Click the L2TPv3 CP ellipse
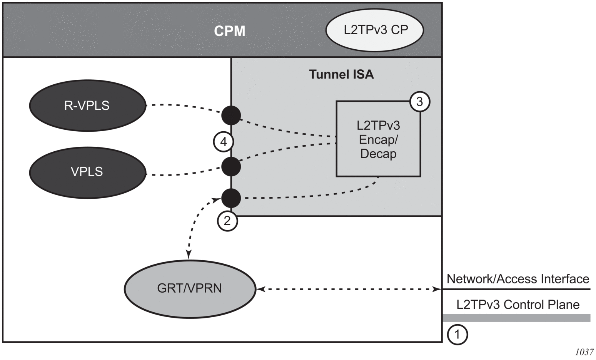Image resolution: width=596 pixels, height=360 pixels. pyautogui.click(x=375, y=30)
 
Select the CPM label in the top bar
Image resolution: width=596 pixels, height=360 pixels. pyautogui.click(x=229, y=31)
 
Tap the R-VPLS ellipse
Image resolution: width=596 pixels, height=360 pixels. pyautogui.click(x=87, y=105)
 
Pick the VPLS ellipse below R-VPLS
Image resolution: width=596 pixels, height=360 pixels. pyautogui.click(x=87, y=172)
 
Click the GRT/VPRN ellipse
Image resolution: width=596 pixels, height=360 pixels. pyautogui.click(x=190, y=288)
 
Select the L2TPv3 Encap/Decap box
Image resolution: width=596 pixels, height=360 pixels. pyautogui.click(x=378, y=139)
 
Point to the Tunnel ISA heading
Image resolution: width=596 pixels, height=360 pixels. pyautogui.click(x=341, y=74)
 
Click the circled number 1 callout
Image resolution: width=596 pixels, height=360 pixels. pyautogui.click(x=457, y=334)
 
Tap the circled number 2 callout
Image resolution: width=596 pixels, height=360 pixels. pyautogui.click(x=227, y=221)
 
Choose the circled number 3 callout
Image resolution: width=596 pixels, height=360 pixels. pyautogui.click(x=419, y=102)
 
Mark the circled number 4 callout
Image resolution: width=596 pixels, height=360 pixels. pyautogui.click(x=224, y=142)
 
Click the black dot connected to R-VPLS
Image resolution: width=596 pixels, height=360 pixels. pyautogui.click(x=231, y=115)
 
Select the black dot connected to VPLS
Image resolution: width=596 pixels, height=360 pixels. pyautogui.click(x=231, y=166)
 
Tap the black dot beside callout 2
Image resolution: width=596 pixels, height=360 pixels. pyautogui.click(x=231, y=198)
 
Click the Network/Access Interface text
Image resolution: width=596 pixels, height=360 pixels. pyautogui.click(x=518, y=279)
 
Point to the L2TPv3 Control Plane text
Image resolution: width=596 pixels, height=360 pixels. pyautogui.click(x=518, y=305)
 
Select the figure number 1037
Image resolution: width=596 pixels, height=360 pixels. pyautogui.click(x=584, y=352)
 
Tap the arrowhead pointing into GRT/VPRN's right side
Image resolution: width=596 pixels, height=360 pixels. pyautogui.click(x=260, y=289)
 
